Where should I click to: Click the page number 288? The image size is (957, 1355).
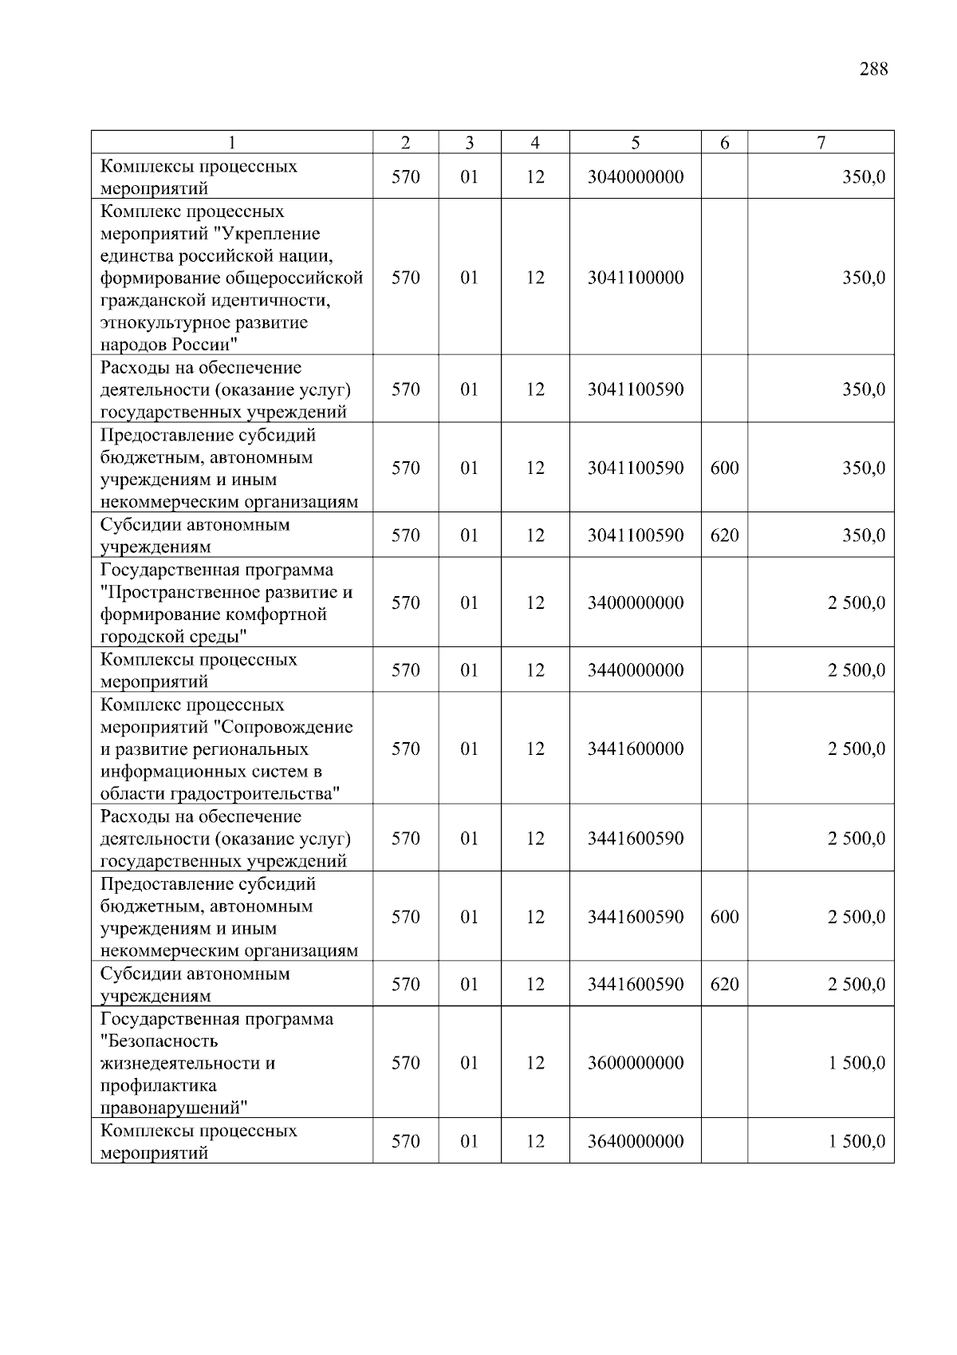873,69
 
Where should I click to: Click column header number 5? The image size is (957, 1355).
635,143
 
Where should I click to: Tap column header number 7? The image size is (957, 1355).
821,143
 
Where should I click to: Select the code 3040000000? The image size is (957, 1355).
635,177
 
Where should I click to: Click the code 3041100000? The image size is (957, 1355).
635,278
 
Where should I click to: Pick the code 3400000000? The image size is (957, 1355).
635,602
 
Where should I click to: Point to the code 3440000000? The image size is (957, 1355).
635,670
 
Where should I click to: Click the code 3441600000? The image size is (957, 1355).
635,749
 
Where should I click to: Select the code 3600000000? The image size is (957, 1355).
635,1063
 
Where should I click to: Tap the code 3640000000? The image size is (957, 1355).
635,1141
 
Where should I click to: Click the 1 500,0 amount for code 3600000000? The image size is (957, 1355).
856,1063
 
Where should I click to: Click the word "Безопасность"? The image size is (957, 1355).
159,1041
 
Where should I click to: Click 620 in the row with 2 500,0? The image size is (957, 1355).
724,985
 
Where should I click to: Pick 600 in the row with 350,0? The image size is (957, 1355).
724,468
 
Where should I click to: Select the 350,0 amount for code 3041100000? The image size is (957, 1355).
863,278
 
